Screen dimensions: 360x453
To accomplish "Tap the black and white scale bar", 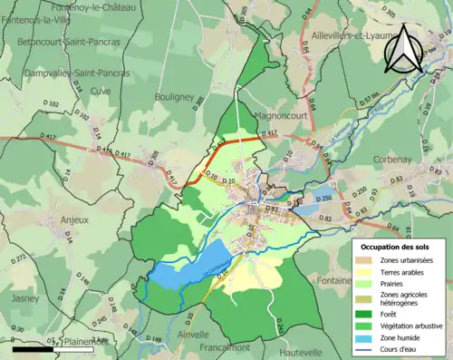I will tap(46, 347).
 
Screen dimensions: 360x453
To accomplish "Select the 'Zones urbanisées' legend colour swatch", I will tap(368, 260).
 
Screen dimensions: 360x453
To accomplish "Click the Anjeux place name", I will tap(74, 219).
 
